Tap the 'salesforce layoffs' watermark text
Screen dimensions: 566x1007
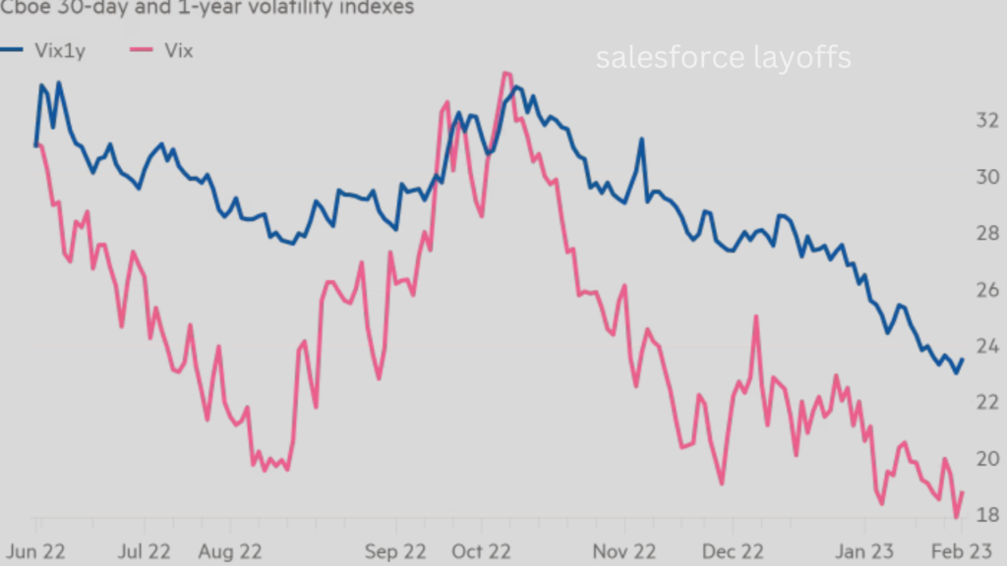(x=723, y=58)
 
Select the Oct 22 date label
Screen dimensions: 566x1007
(x=481, y=552)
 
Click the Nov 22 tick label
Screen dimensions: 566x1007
(x=625, y=552)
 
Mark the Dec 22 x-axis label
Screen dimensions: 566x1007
(x=734, y=552)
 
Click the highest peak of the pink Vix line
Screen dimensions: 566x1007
(x=505, y=74)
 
